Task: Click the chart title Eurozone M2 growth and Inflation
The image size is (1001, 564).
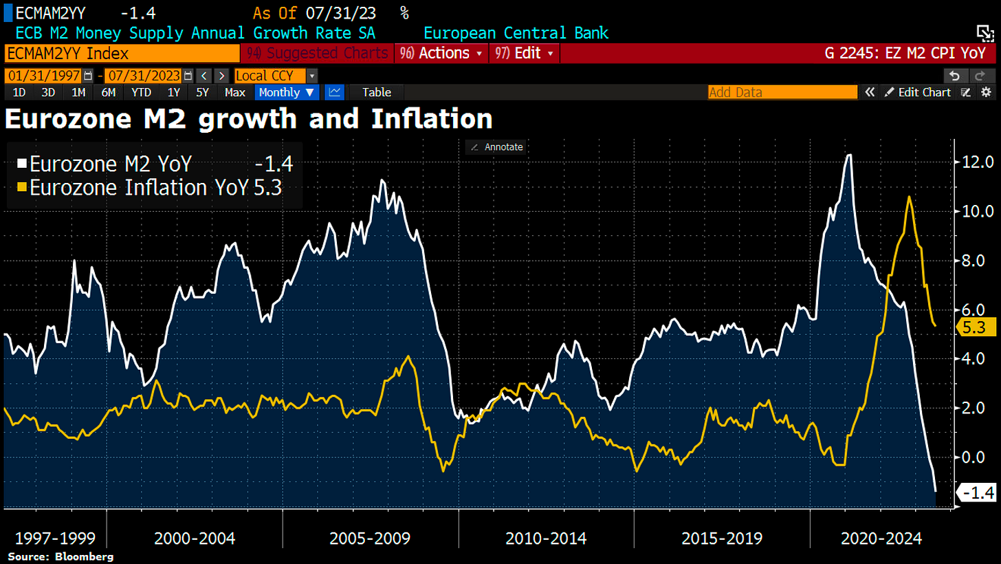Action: click(x=248, y=119)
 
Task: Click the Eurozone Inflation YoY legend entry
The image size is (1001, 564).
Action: click(x=137, y=187)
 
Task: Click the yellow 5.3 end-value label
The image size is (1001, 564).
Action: click(x=974, y=328)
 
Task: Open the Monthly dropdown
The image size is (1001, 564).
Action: click(x=287, y=92)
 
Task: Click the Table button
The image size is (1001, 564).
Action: click(x=376, y=92)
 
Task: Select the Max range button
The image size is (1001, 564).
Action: click(x=235, y=92)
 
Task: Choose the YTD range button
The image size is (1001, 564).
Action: click(x=142, y=92)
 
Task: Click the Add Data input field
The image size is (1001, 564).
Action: click(x=782, y=92)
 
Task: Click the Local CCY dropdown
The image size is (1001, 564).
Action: click(x=276, y=76)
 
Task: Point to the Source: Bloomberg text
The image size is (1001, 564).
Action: click(x=60, y=556)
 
